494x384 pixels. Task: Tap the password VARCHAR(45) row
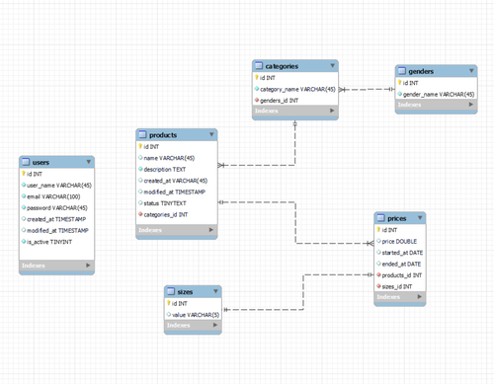57,208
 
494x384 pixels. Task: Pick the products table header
163,134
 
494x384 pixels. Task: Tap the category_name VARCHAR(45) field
296,88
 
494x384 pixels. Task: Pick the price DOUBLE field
399,241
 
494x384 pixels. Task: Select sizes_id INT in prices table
401,286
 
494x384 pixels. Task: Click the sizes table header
186,292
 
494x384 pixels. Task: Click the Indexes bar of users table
56,266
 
